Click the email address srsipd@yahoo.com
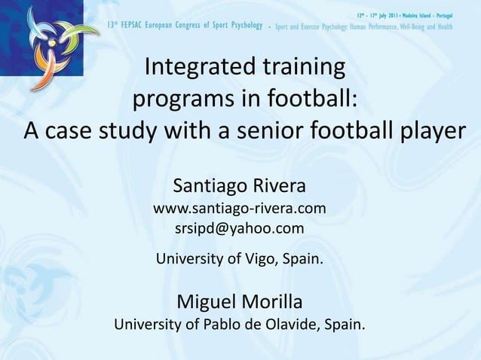click(240, 228)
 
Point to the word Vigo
click(260, 261)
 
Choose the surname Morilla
click(272, 303)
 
